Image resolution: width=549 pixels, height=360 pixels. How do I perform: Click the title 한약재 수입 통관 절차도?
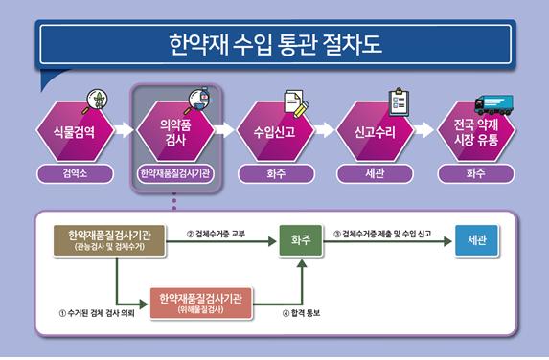coord(274,44)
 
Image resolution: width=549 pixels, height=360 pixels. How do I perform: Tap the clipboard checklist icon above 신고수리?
coord(399,101)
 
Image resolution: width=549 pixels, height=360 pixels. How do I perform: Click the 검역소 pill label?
coord(74,174)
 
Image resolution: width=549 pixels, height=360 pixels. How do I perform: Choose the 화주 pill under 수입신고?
coord(273,174)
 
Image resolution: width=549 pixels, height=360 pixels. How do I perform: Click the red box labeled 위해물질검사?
coord(207,303)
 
